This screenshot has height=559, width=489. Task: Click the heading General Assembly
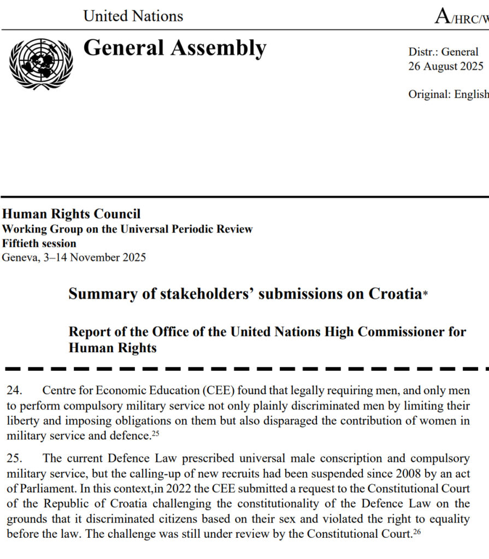(x=174, y=48)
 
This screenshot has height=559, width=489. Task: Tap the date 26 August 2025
(x=446, y=67)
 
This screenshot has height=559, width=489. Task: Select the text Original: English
(x=448, y=94)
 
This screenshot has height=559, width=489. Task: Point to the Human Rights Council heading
(x=71, y=215)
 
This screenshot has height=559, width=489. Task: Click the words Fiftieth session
(x=39, y=243)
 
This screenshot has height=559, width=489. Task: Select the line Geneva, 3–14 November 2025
(x=74, y=257)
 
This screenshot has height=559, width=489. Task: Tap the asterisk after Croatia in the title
(x=426, y=295)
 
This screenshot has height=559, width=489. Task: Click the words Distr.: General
(x=443, y=52)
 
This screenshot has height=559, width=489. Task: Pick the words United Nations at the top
(x=133, y=16)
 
